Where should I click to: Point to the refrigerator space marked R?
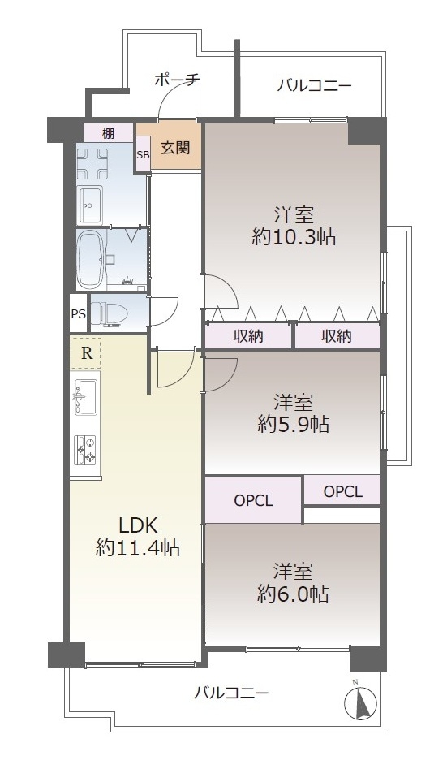tap(86, 353)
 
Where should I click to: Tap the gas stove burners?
tap(85, 450)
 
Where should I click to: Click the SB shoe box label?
tap(143, 154)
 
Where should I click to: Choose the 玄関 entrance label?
tap(175, 147)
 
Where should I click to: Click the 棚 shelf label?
tap(109, 133)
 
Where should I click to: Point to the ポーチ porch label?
tap(177, 80)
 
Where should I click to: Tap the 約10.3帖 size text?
tap(294, 237)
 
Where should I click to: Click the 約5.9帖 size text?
tap(294, 424)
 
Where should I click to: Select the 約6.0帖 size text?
tap(294, 594)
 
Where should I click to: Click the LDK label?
tap(138, 525)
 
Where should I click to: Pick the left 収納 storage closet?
tap(248, 336)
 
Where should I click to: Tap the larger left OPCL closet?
tap(253, 500)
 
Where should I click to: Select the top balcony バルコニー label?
tap(314, 86)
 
